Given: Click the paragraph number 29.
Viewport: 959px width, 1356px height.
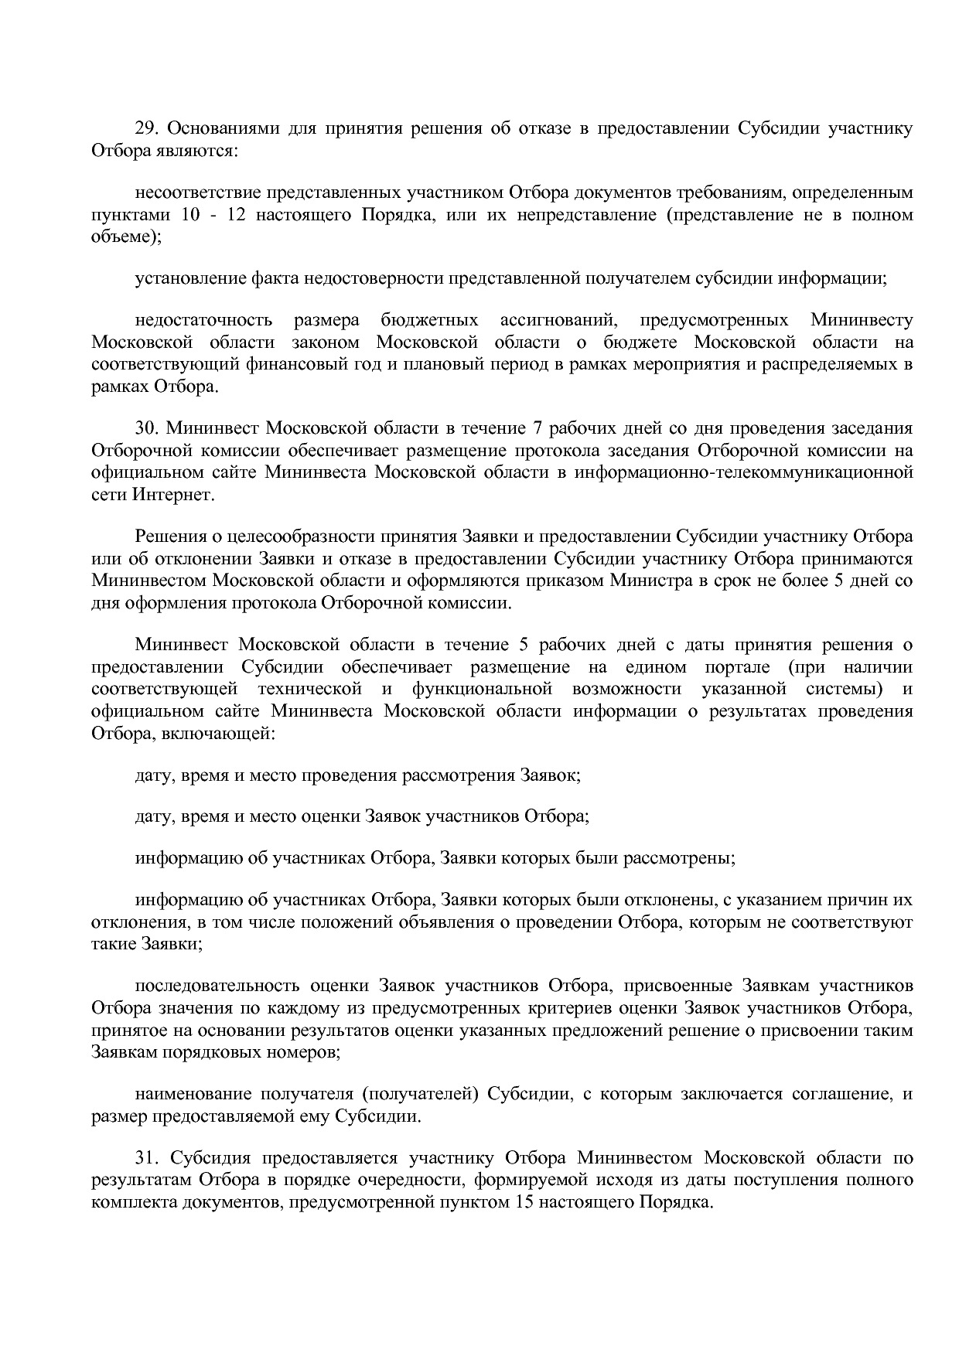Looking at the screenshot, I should (x=146, y=128).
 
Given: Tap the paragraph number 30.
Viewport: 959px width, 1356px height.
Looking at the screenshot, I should (x=146, y=428).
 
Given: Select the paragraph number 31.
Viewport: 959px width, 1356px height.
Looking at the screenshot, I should (x=146, y=1158).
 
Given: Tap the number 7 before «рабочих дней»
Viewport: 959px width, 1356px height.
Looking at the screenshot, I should (x=538, y=428).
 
